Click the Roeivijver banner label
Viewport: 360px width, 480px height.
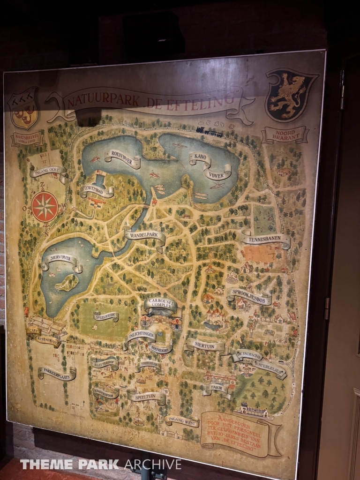[122, 158]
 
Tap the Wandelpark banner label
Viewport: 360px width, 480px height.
[144, 235]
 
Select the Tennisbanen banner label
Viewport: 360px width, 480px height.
[266, 240]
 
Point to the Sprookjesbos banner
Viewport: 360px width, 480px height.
[249, 296]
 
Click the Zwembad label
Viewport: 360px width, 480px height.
[97, 190]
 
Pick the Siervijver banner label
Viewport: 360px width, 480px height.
[62, 262]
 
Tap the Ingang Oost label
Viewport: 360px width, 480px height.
[48, 172]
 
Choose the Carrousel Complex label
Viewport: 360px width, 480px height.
[160, 306]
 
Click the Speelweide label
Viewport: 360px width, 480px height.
[106, 316]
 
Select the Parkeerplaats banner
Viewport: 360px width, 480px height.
[57, 373]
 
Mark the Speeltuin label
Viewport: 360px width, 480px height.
[147, 397]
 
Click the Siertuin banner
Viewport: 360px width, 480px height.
[204, 346]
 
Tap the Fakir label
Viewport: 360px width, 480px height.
[216, 389]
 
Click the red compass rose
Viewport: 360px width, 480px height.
[45, 207]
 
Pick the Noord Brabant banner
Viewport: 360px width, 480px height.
[285, 134]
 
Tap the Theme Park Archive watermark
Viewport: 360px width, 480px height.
[100, 464]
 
